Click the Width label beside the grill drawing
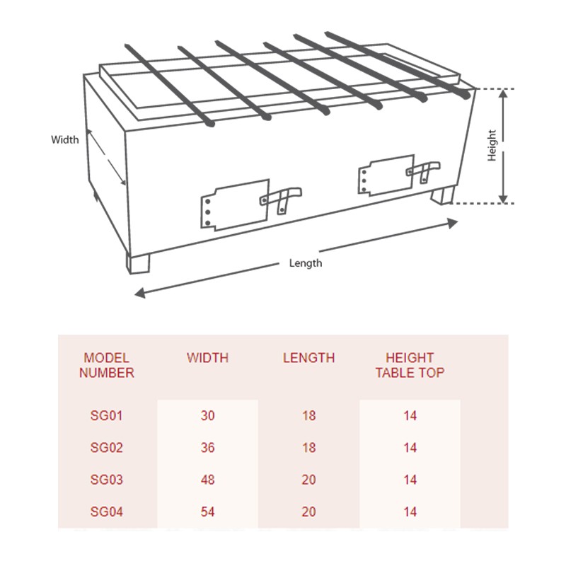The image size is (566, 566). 65,139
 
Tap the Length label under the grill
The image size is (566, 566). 306,263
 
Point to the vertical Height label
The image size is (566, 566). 492,145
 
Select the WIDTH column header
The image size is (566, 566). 207,358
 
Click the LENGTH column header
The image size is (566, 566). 308,358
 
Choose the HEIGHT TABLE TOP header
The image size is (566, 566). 410,365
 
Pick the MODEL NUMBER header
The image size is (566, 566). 107,365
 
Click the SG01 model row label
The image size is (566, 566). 107,415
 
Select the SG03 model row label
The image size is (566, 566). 107,480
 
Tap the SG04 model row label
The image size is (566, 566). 107,512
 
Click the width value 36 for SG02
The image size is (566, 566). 207,448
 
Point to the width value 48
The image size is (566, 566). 207,480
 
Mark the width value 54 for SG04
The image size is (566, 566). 207,512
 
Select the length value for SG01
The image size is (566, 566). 309,415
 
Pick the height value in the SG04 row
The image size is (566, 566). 410,512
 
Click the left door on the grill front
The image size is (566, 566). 235,204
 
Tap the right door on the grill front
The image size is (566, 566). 386,175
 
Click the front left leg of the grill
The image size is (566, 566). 138,263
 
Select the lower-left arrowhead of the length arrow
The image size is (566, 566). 139,293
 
